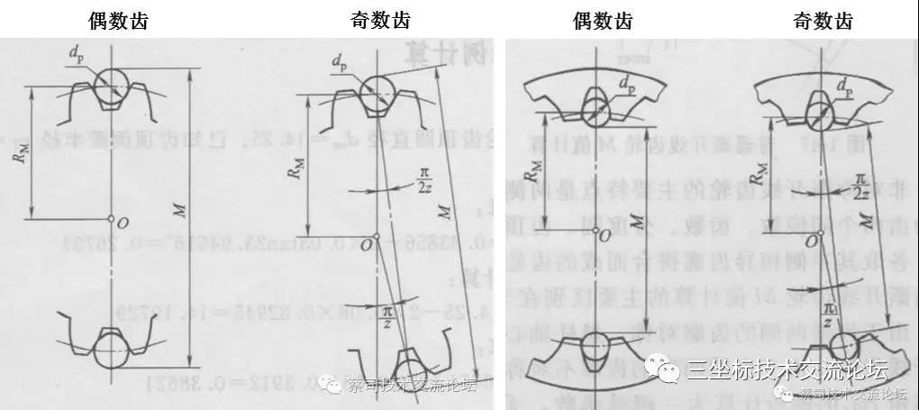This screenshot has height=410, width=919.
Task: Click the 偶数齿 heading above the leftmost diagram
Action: pos(118,20)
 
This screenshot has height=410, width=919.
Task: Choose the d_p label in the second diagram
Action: pos(339,63)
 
